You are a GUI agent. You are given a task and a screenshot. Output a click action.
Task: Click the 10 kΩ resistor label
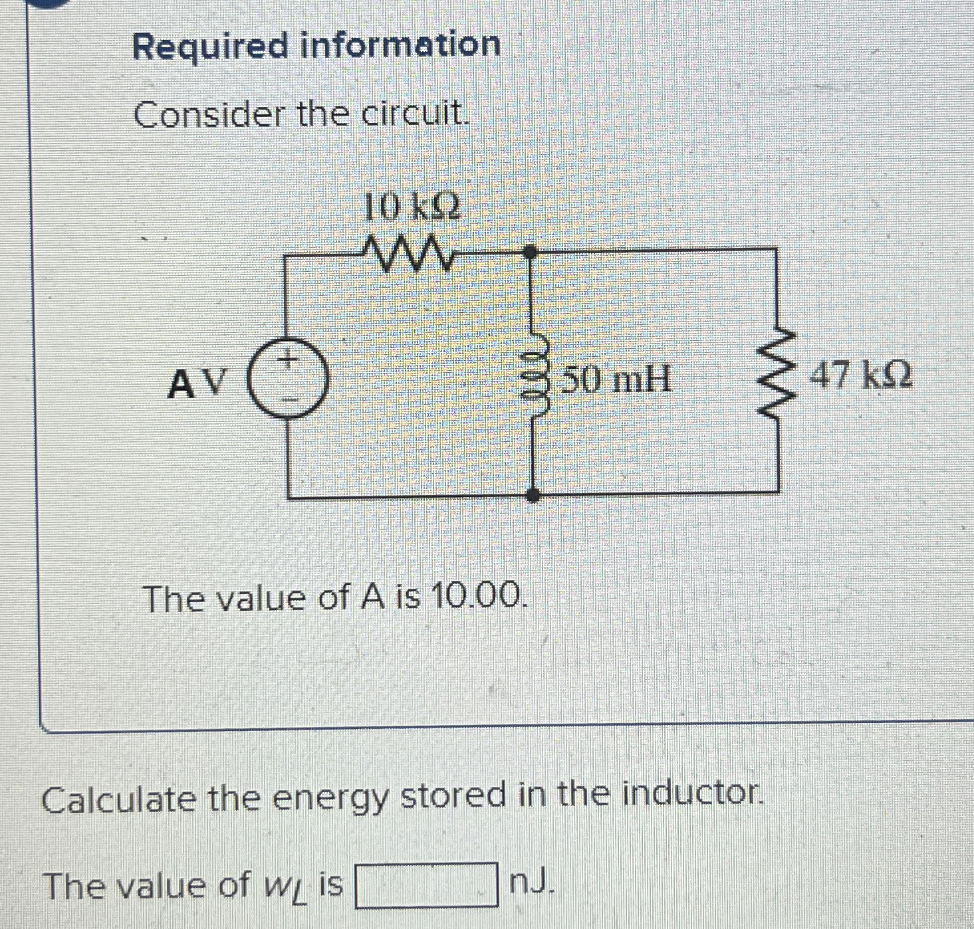pos(412,208)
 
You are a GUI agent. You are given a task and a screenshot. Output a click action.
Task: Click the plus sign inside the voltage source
pos(287,360)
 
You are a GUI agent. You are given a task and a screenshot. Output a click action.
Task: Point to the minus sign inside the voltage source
pos(288,400)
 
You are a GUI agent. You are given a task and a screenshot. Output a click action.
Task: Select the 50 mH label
pos(615,381)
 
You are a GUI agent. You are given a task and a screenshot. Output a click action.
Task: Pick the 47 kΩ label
pos(860,376)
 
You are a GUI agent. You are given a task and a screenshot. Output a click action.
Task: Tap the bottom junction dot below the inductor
pos(533,495)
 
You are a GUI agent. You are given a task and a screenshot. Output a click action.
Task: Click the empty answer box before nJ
pos(427,884)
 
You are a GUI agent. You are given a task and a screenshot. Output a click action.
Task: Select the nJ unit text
pos(531,882)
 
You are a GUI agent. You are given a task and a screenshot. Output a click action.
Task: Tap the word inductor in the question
pos(691,793)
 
